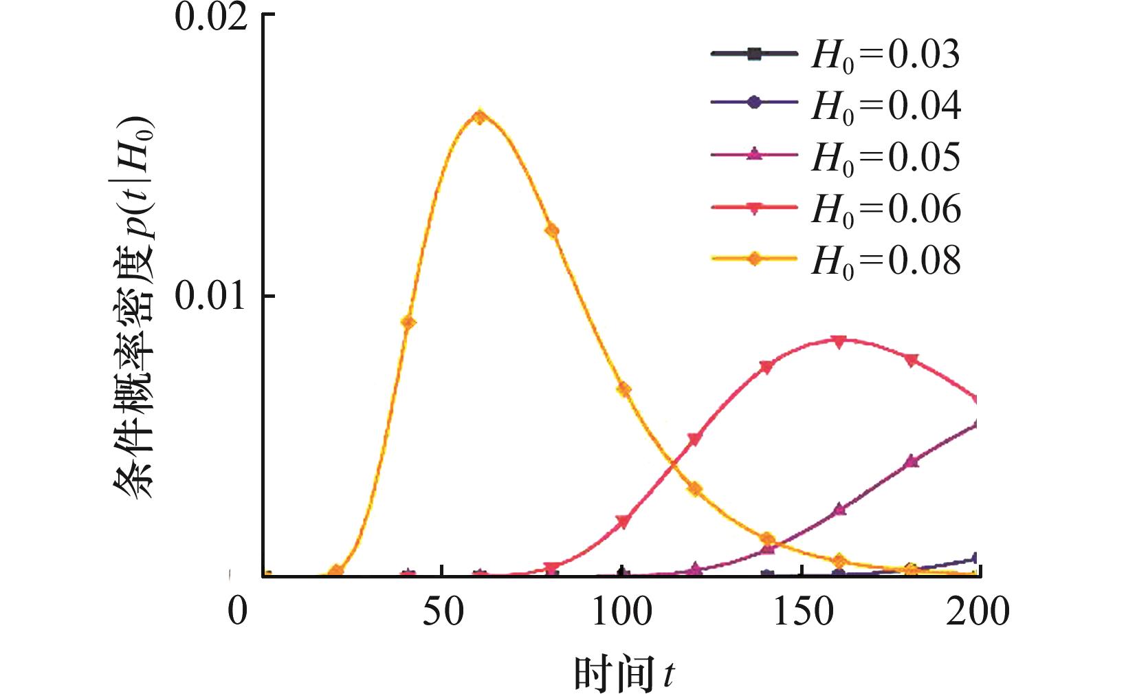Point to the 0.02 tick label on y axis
click(x=210, y=17)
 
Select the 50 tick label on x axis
click(x=443, y=610)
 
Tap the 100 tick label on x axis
click(x=621, y=610)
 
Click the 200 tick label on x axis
click(x=978, y=610)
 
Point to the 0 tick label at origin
click(x=238, y=610)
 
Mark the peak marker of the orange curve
click(x=480, y=116)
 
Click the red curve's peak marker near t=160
click(x=838, y=341)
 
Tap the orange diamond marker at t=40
click(x=408, y=322)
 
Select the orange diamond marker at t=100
click(x=623, y=389)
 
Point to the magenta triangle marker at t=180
click(x=912, y=461)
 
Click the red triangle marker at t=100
click(x=623, y=522)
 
